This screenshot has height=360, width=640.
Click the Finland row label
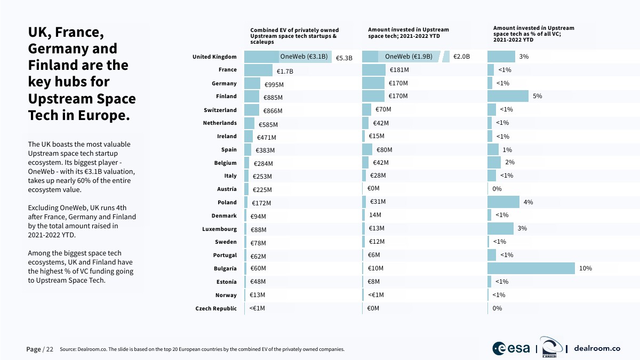[x=226, y=97]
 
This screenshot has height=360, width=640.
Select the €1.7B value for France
[x=285, y=71]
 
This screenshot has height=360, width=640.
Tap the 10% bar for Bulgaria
[x=531, y=268]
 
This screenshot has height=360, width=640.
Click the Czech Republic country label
[x=216, y=308]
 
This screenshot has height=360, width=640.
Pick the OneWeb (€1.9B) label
[x=409, y=57]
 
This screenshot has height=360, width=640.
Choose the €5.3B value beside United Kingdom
[x=344, y=58]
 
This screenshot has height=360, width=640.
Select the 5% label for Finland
[x=537, y=96]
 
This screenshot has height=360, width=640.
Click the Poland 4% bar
[x=503, y=202]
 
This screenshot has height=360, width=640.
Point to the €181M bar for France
[x=373, y=70]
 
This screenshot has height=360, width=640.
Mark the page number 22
[x=50, y=349]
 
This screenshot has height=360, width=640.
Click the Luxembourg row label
[x=219, y=229]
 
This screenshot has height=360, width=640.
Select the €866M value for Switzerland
[x=273, y=110]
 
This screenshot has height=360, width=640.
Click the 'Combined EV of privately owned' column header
[x=294, y=30]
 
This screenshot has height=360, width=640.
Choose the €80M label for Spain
[x=384, y=150]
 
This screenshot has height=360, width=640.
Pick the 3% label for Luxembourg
[x=522, y=228]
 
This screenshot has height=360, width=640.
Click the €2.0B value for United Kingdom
[x=461, y=57]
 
